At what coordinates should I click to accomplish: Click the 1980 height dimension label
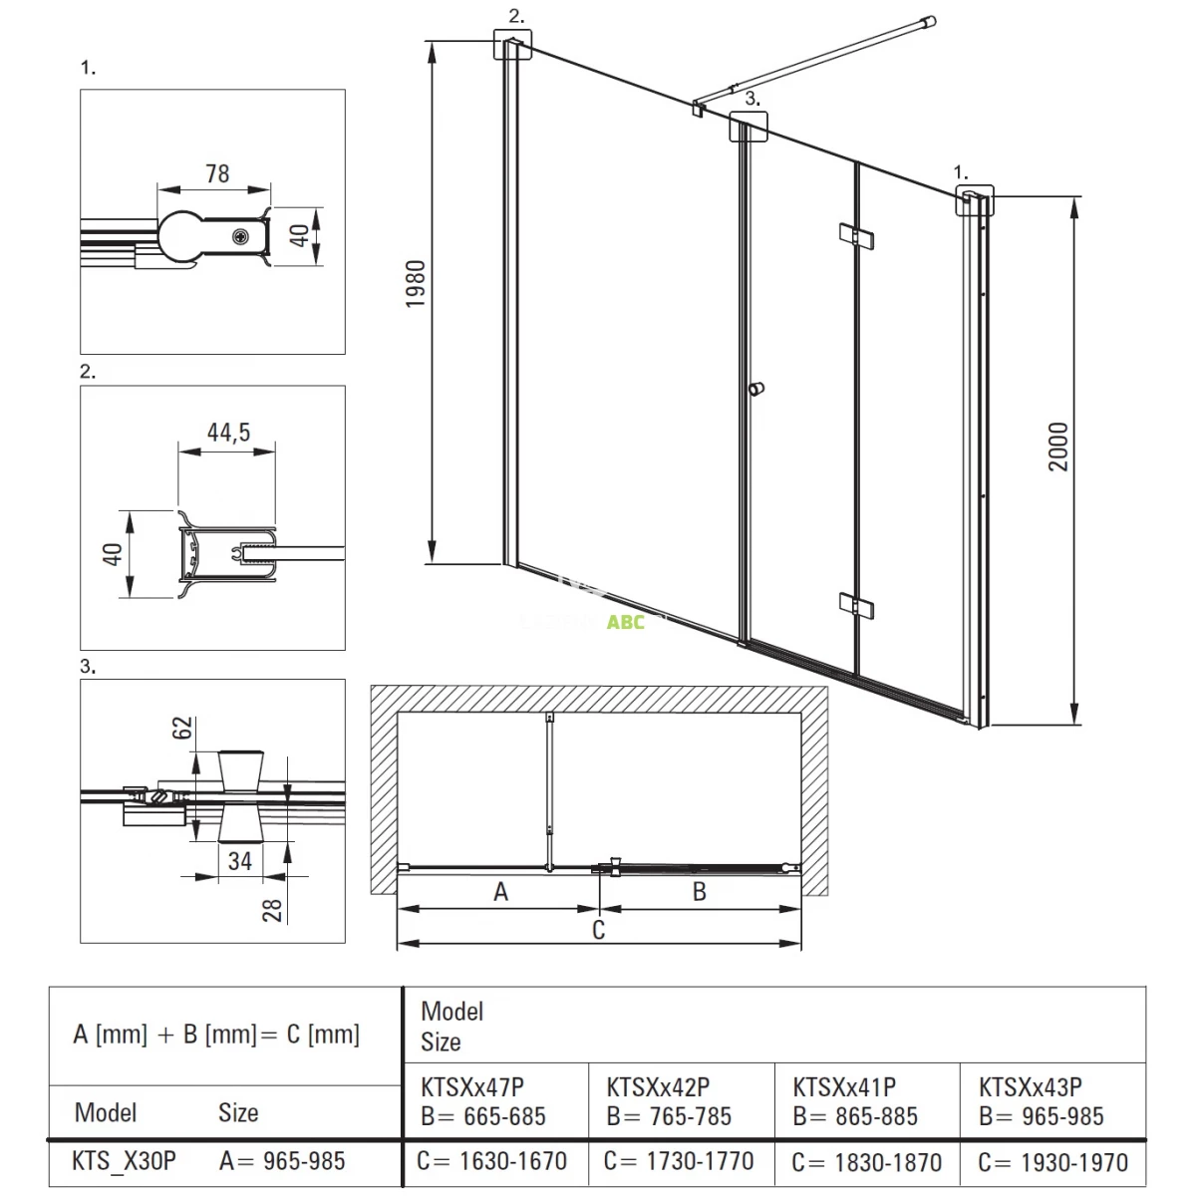click(x=416, y=284)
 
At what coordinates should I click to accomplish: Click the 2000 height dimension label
click(x=1058, y=447)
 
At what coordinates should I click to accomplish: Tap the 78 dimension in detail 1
click(x=218, y=173)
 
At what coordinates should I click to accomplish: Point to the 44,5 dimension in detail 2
click(x=229, y=432)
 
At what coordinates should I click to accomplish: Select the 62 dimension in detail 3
click(x=181, y=728)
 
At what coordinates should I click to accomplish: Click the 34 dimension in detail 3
click(x=240, y=861)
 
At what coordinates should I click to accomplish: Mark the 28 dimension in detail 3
click(x=272, y=911)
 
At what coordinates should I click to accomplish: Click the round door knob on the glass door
click(x=755, y=389)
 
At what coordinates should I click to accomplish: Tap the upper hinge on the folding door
click(x=856, y=236)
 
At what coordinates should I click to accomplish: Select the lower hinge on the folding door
click(x=856, y=605)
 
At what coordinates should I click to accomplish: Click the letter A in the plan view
click(x=501, y=892)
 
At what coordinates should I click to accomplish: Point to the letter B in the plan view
click(x=700, y=892)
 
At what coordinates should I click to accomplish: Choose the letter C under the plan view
click(x=598, y=930)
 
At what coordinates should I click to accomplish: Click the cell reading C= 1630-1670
click(x=492, y=1161)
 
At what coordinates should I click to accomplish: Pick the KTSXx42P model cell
click(x=658, y=1087)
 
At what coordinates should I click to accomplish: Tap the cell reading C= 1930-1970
click(x=1053, y=1162)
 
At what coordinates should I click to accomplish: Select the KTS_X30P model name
click(x=125, y=1161)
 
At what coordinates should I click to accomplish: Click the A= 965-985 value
click(x=282, y=1161)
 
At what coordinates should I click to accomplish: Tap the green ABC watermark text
click(x=626, y=622)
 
